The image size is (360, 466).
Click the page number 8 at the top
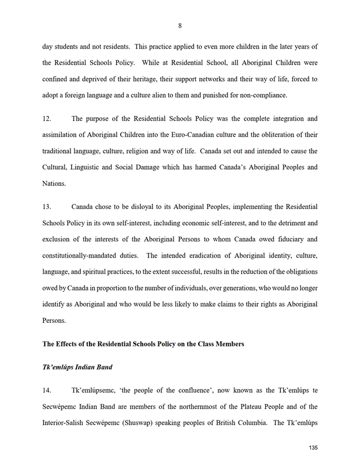(180, 25)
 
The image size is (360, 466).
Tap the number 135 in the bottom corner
(314, 448)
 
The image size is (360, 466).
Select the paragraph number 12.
(47, 119)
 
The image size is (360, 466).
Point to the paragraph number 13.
(47, 206)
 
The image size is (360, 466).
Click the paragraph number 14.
(47, 390)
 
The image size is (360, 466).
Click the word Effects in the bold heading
(68, 344)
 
